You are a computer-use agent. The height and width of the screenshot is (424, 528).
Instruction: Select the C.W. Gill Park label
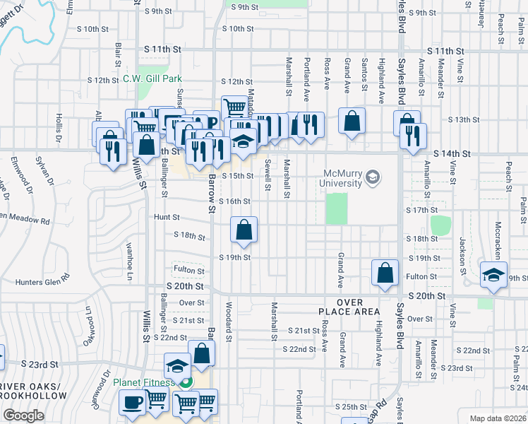coord(148,78)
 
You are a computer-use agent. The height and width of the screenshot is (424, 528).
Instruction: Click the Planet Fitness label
coord(144,383)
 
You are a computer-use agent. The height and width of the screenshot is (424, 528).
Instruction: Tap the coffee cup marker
coord(131,404)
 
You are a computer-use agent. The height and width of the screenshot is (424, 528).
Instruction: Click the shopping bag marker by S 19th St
coord(244,230)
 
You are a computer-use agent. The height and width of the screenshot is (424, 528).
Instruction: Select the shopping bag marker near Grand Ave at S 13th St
coord(352,121)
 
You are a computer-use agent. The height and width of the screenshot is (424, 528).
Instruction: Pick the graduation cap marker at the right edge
coord(493,276)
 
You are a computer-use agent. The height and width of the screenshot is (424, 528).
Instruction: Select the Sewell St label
coord(269,174)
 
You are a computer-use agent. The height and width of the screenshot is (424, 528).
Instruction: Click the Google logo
coord(23,416)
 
